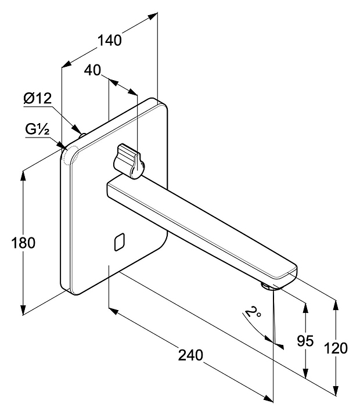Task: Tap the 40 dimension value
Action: coord(92,70)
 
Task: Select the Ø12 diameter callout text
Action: coord(38,99)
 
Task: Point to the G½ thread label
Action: coord(37,129)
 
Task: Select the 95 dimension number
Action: coord(305,341)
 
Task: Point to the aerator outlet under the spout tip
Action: coord(268,285)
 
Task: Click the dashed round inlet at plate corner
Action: coord(72,155)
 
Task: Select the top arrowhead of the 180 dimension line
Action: coord(24,174)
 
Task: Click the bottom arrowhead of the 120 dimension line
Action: coord(335,392)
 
